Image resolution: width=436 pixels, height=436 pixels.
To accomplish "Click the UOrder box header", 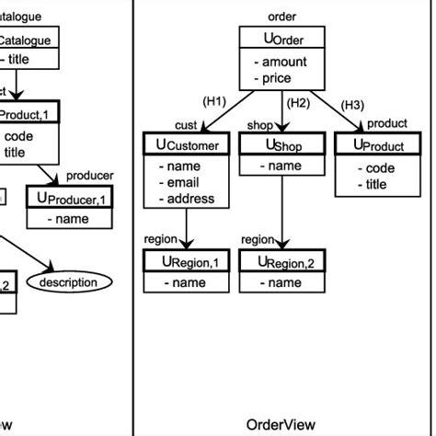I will [x=281, y=39].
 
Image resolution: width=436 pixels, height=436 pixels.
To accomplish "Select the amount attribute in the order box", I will [x=285, y=63].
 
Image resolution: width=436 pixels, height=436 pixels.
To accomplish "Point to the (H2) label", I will [x=298, y=103].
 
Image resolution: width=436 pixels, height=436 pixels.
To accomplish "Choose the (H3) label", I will [x=352, y=105].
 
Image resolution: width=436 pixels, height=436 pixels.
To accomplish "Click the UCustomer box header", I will [x=187, y=144].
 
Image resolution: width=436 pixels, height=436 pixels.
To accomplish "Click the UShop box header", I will [x=281, y=144].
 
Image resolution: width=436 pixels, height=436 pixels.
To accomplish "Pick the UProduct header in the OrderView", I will [x=376, y=144].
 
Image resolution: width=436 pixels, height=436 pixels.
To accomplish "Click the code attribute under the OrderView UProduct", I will [x=380, y=168].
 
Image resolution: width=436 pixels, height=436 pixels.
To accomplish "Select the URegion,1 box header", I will [x=187, y=262].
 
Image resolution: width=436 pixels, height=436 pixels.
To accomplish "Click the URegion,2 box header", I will [x=282, y=262].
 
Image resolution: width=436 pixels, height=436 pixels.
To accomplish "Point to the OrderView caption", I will [x=281, y=424].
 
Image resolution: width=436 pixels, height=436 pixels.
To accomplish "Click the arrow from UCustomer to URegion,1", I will [x=187, y=228].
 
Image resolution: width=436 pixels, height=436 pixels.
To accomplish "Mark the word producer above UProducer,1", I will [x=90, y=176].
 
